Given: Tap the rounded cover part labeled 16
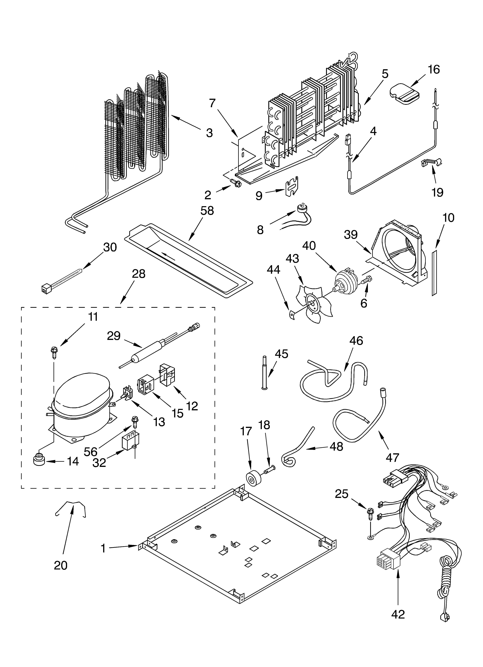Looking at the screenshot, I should tap(405, 93).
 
